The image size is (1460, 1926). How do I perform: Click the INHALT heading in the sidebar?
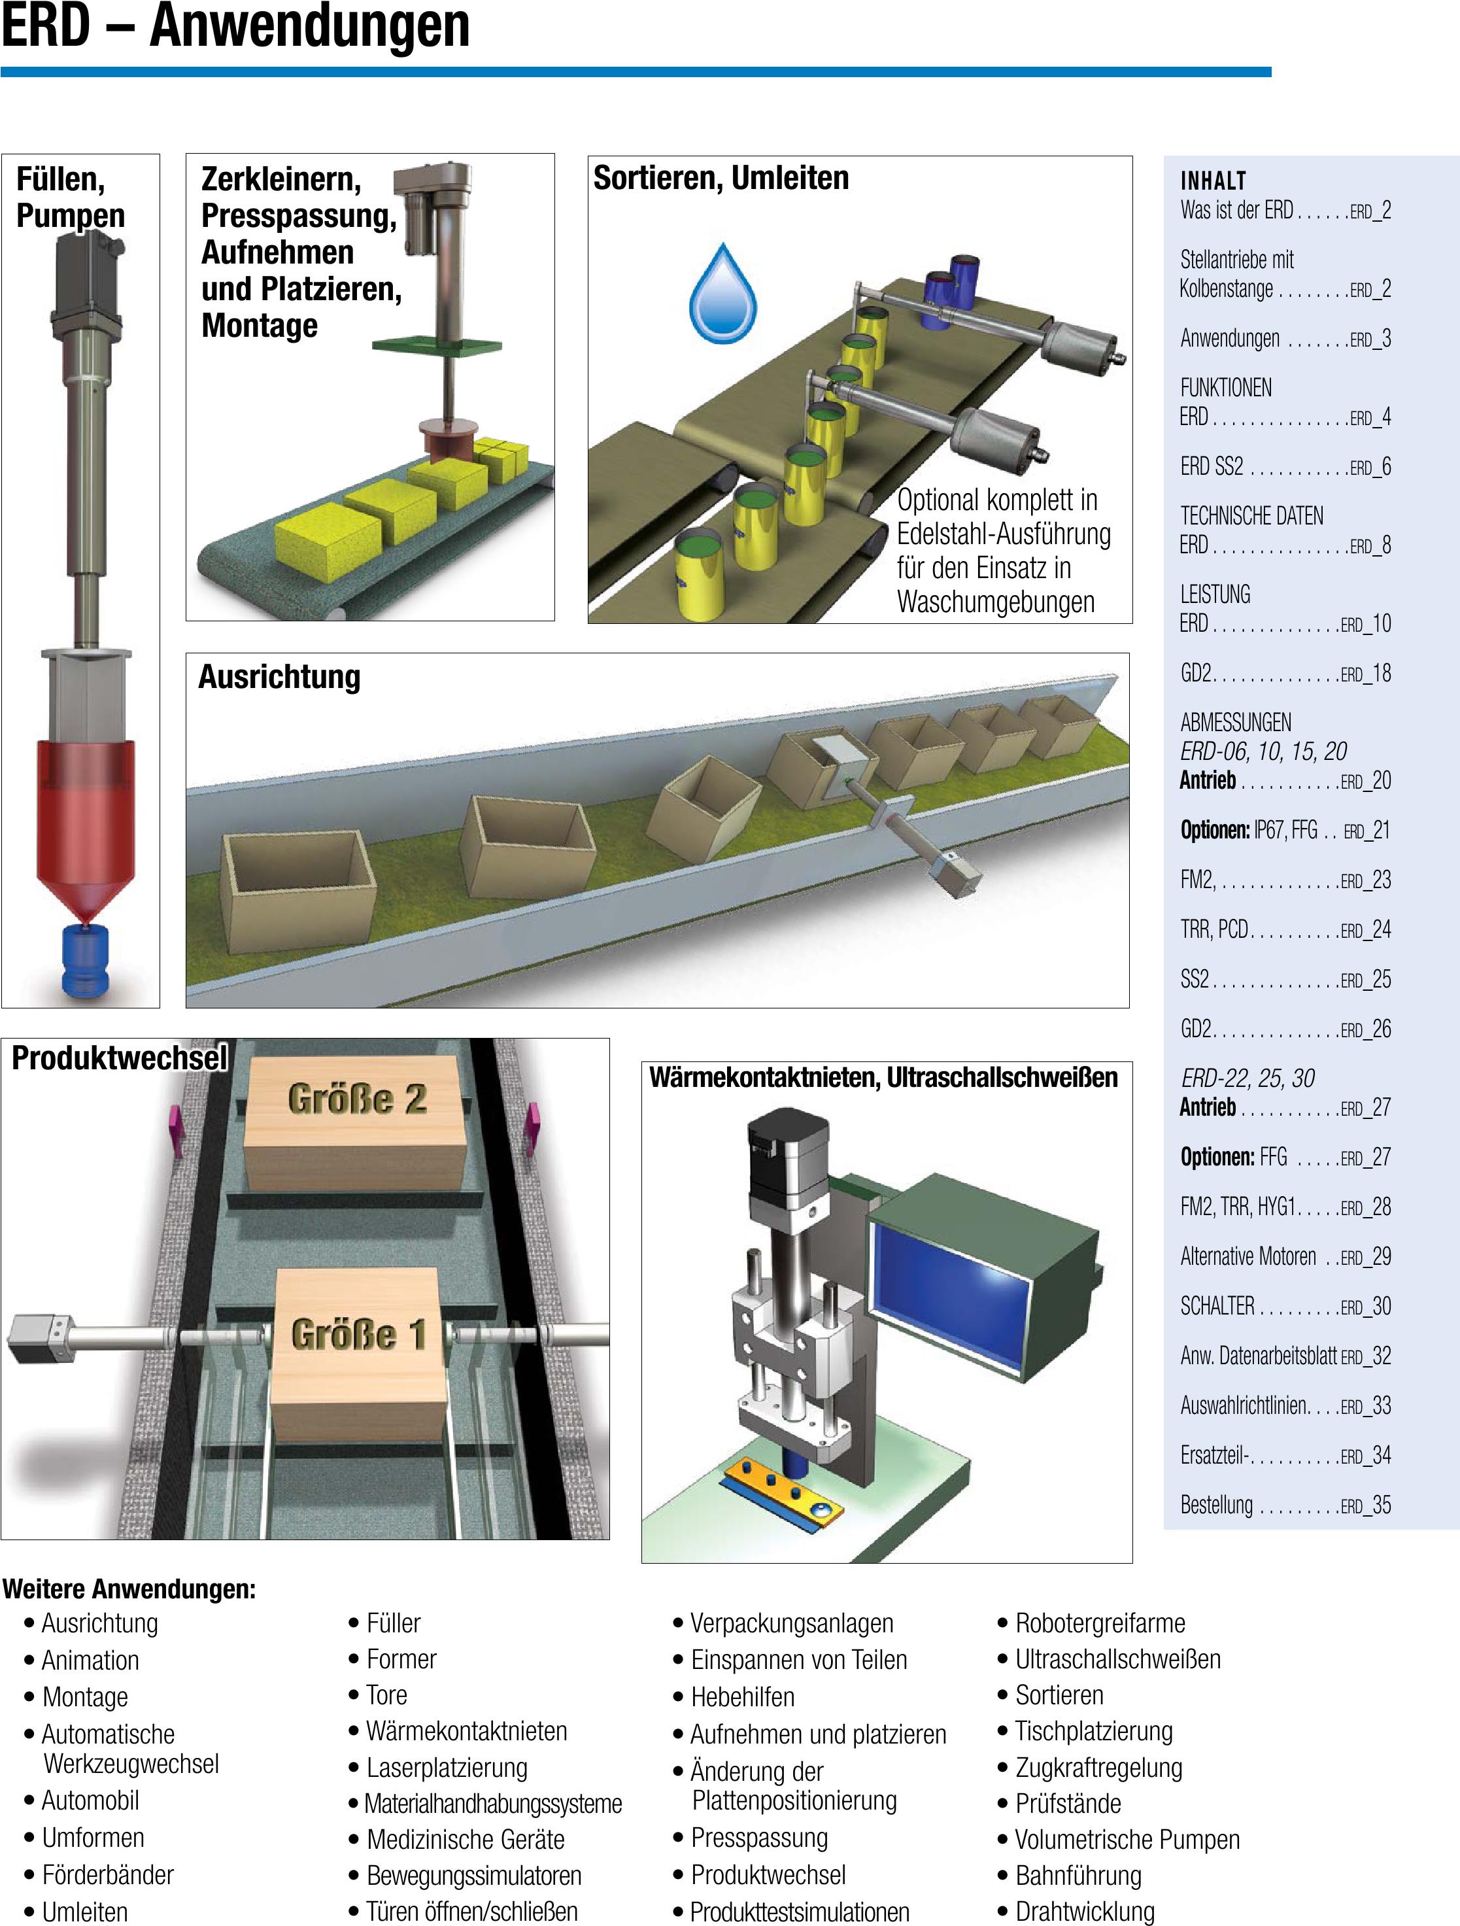pos(1213,181)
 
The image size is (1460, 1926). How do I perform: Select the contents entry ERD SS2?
pos(1212,468)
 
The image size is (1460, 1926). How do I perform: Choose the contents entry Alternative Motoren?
pos(1248,1256)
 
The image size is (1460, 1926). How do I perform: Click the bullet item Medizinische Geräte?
pos(466,1839)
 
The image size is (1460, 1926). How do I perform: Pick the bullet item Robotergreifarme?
pos(1100,1623)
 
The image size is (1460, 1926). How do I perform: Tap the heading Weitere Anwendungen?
pos(129,1589)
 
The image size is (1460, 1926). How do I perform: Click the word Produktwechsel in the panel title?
pos(119,1058)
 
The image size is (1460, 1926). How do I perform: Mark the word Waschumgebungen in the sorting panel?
pos(995,602)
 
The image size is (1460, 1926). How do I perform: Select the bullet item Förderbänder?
pos(108,1874)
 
